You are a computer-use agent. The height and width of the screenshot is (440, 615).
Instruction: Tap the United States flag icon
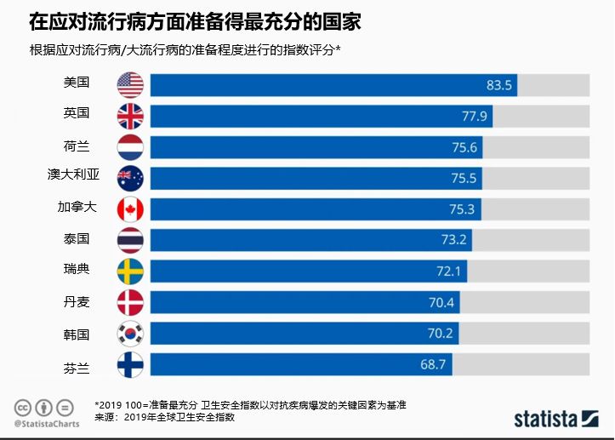[130, 84]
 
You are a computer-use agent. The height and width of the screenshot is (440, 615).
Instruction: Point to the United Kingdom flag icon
[130, 116]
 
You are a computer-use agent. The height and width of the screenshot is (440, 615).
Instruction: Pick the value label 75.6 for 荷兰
[464, 147]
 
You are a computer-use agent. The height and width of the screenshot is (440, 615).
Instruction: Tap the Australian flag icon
[130, 178]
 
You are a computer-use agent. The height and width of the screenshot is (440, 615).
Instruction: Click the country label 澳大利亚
[74, 176]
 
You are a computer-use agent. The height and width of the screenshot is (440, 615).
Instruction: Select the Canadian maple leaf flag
[130, 209]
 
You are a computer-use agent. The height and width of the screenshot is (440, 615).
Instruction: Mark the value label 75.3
[464, 209]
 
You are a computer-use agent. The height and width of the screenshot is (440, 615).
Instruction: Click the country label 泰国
[77, 239]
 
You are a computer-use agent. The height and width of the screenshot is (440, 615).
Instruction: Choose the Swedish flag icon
[130, 271]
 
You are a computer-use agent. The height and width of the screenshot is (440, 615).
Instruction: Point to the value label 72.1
[449, 271]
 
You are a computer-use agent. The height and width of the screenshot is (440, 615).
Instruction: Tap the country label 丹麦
[77, 301]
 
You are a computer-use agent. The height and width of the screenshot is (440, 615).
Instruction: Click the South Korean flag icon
[130, 334]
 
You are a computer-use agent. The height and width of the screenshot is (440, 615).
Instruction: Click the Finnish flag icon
[130, 365]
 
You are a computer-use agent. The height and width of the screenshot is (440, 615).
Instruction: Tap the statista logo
[557, 419]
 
